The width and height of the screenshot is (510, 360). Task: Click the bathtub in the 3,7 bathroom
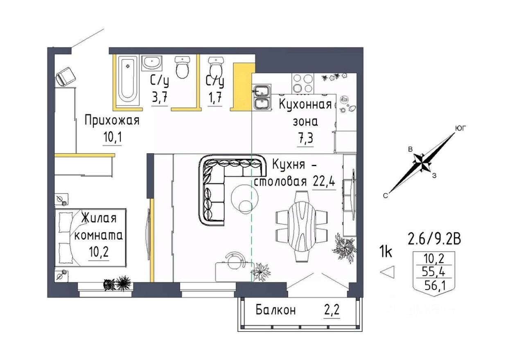127,79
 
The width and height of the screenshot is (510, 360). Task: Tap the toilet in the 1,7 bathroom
215,67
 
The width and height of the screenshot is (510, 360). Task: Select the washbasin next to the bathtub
152,63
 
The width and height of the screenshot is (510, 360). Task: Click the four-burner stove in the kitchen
303,83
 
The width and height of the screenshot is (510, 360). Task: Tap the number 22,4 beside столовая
324,181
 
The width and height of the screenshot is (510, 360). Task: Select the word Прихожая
112,121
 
